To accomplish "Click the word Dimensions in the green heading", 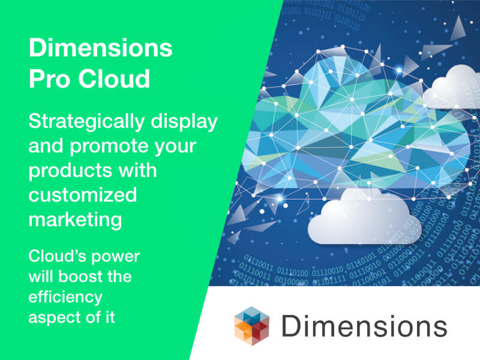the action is tap(101, 48).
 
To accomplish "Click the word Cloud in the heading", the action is tap(114, 79).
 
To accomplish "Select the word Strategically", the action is tap(86, 122).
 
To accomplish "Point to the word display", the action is tap(184, 122).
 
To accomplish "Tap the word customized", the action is tap(83, 195).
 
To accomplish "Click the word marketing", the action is tap(76, 220).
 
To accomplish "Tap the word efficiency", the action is tap(65, 298).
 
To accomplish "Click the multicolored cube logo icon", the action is tap(251, 326).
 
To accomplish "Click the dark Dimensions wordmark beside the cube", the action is tap(364, 326).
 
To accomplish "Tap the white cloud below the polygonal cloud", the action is tap(364, 217).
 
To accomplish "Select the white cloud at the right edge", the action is tap(452, 88).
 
